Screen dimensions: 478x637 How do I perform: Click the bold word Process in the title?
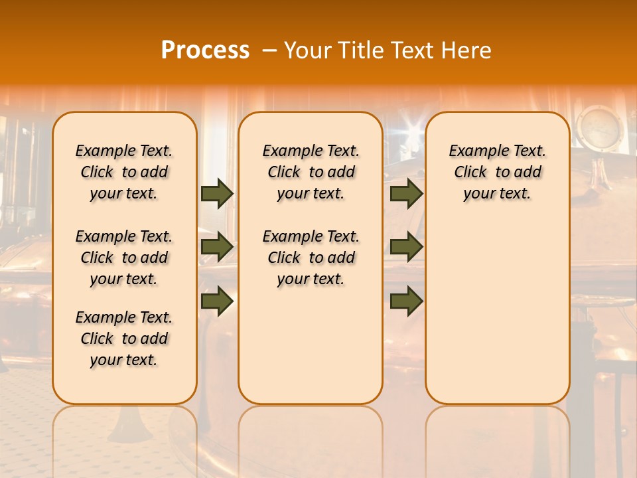[205, 50]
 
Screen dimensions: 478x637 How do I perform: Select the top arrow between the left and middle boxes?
[217, 193]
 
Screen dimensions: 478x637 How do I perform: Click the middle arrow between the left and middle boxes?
[217, 247]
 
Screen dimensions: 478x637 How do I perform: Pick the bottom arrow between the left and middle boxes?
[217, 301]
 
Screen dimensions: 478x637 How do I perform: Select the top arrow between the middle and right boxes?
[406, 193]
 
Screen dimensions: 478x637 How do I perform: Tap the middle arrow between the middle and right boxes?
[406, 247]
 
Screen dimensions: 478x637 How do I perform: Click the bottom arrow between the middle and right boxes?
[406, 301]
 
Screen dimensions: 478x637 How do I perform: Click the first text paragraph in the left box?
[124, 172]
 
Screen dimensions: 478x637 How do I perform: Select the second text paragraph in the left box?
[124, 258]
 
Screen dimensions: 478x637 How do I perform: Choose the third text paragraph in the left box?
[124, 339]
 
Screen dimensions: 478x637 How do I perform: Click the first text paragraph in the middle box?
[311, 172]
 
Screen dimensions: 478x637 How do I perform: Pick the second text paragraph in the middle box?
[311, 258]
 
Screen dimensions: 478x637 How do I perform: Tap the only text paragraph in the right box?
[497, 172]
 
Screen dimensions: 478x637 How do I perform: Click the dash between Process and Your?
[269, 50]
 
